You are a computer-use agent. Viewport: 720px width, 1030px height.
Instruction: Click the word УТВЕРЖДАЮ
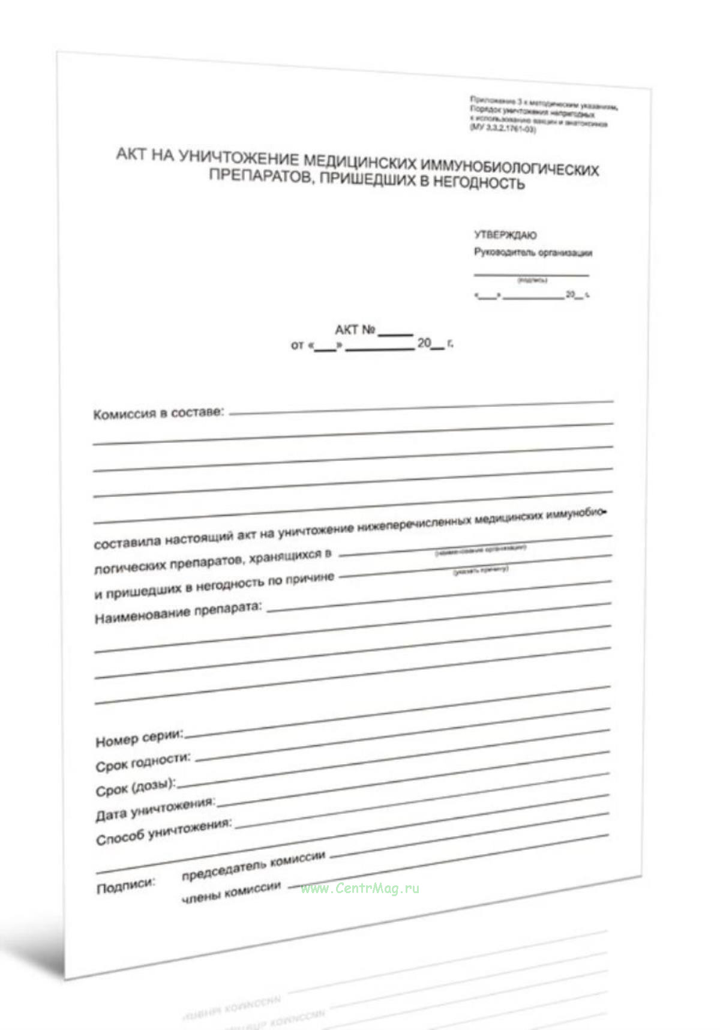505,235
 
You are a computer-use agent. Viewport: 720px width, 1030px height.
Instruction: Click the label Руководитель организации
533,253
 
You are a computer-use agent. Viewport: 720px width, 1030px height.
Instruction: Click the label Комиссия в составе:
158,414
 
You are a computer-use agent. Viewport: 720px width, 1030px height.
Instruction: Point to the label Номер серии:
139,739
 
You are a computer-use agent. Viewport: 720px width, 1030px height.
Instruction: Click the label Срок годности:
143,763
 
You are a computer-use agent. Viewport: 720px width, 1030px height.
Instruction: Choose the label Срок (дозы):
136,787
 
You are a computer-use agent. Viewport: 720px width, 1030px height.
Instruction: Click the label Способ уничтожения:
163,833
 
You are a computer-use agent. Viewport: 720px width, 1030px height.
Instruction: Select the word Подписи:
125,886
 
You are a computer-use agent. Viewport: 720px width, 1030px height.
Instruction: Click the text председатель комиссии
253,866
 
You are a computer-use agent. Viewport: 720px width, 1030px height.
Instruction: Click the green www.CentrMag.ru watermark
360,889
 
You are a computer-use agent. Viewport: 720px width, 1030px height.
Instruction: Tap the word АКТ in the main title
130,154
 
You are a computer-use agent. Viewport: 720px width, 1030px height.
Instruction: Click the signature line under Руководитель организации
531,275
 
